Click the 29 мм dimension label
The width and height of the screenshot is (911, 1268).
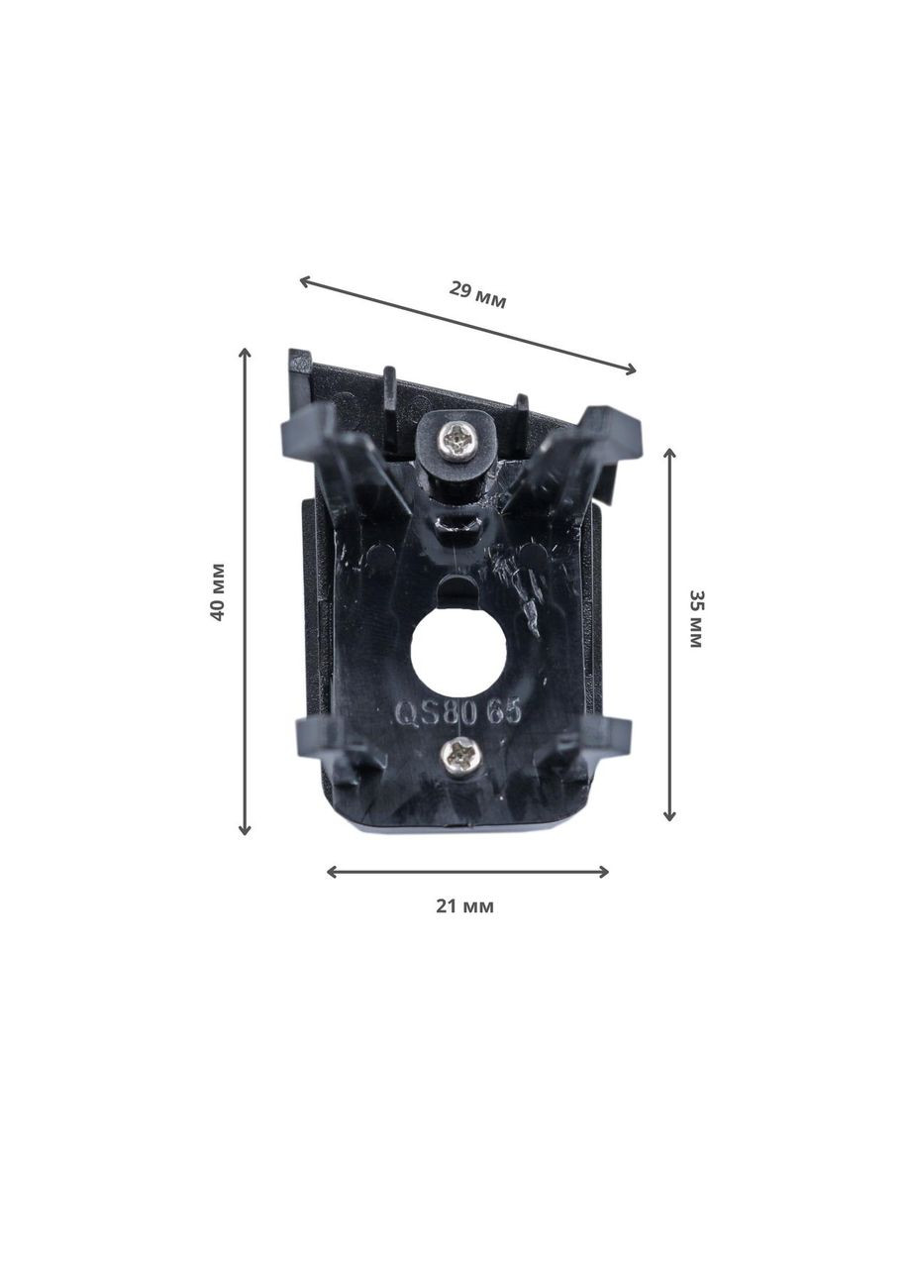477,295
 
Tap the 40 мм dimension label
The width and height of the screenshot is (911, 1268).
218,591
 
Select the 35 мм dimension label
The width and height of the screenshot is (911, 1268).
695,619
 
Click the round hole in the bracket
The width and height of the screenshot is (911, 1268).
458,651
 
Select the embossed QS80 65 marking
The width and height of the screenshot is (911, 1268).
458,714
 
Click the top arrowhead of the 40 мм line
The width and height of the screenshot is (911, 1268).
245,354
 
